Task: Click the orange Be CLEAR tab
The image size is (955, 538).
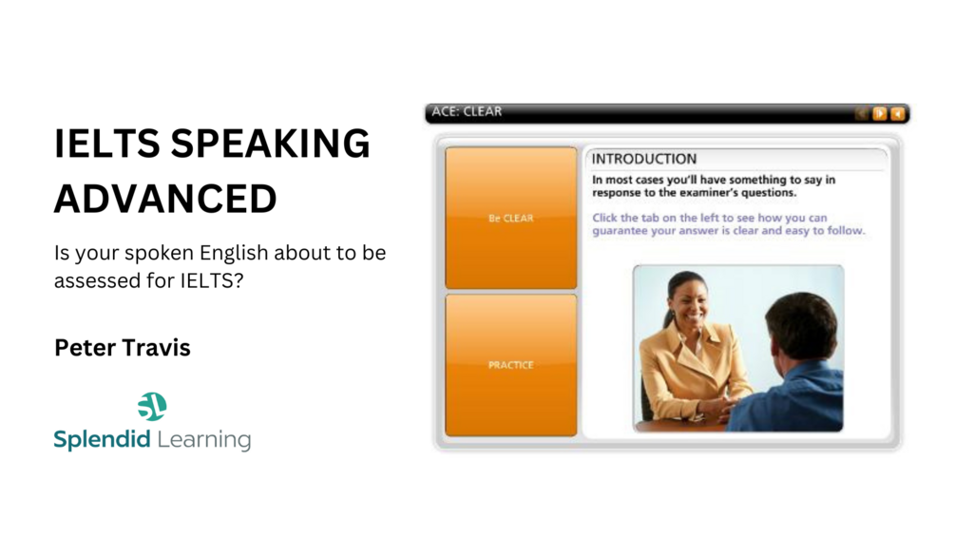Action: (x=511, y=218)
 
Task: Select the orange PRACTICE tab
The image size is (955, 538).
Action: (x=511, y=365)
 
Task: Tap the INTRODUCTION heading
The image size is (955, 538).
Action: (x=644, y=159)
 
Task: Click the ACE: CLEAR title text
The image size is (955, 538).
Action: (x=467, y=111)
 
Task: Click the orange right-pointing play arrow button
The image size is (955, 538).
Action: (x=880, y=113)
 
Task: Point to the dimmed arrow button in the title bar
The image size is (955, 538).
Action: (x=862, y=113)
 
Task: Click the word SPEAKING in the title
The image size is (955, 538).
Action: (x=270, y=144)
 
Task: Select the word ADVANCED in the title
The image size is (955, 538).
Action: (x=165, y=199)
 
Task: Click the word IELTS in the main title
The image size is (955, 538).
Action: (x=107, y=144)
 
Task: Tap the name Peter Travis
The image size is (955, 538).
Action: (x=123, y=347)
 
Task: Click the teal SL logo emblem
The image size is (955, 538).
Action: (x=152, y=407)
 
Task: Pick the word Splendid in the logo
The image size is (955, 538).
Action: (x=102, y=439)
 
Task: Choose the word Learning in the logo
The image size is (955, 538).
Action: (x=204, y=439)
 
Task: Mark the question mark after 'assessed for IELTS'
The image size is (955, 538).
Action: (x=239, y=280)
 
